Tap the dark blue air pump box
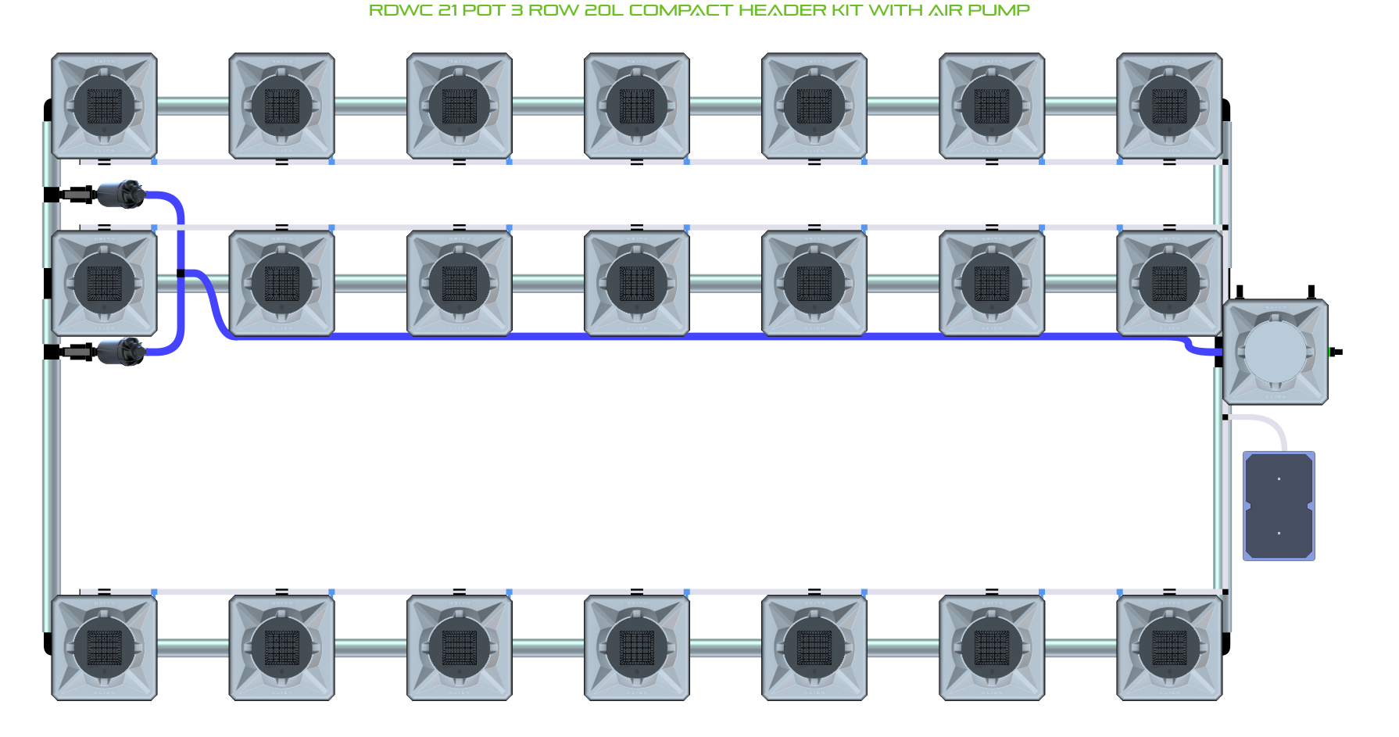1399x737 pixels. tap(1279, 506)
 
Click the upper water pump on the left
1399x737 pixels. tap(120, 194)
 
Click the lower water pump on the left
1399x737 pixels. tap(120, 352)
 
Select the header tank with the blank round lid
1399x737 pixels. tap(1275, 352)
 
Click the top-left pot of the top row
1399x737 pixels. tap(105, 106)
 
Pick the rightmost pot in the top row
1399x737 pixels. tap(1169, 106)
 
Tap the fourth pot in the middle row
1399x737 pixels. tap(637, 284)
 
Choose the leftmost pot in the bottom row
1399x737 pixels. tap(105, 648)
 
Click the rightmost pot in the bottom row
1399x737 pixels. tap(1169, 648)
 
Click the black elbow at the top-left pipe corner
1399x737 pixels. tap(48, 109)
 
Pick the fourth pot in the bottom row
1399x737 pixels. tap(637, 648)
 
